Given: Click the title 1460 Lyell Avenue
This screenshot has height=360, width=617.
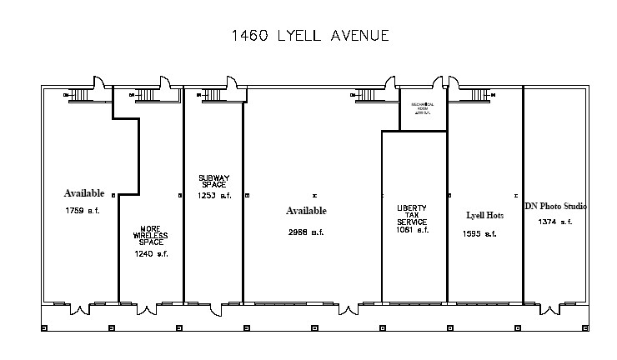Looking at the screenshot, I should pyautogui.click(x=309, y=36).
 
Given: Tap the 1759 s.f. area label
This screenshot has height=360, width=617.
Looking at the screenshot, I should pyautogui.click(x=83, y=211).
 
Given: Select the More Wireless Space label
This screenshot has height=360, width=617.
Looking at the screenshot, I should pyautogui.click(x=151, y=236).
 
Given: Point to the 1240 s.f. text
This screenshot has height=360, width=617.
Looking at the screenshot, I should pyautogui.click(x=151, y=254).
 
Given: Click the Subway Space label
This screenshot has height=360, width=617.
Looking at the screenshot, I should pyautogui.click(x=213, y=181).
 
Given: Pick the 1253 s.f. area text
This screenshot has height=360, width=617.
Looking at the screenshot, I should pyautogui.click(x=213, y=196).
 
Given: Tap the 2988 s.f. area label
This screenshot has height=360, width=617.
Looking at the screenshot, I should pyautogui.click(x=305, y=232).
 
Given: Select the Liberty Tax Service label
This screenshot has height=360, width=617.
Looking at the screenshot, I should pyautogui.click(x=412, y=216).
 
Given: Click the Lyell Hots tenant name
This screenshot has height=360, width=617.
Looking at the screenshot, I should pyautogui.click(x=484, y=215).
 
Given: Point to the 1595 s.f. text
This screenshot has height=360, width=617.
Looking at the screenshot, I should pyautogui.click(x=479, y=234).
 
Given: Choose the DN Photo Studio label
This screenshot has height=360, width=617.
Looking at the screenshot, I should pyautogui.click(x=555, y=206).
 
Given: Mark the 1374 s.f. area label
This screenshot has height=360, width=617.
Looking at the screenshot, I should pyautogui.click(x=554, y=222).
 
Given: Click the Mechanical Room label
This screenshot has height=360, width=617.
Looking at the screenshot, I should pyautogui.click(x=424, y=109).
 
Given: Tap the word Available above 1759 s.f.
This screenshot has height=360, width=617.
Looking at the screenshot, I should pyautogui.click(x=83, y=193).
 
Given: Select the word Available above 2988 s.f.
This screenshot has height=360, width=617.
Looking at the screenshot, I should pyautogui.click(x=306, y=211).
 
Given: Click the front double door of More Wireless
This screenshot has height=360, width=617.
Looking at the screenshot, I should pyautogui.click(x=148, y=309).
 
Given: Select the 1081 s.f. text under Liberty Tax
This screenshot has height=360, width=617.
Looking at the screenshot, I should pyautogui.click(x=412, y=231).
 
